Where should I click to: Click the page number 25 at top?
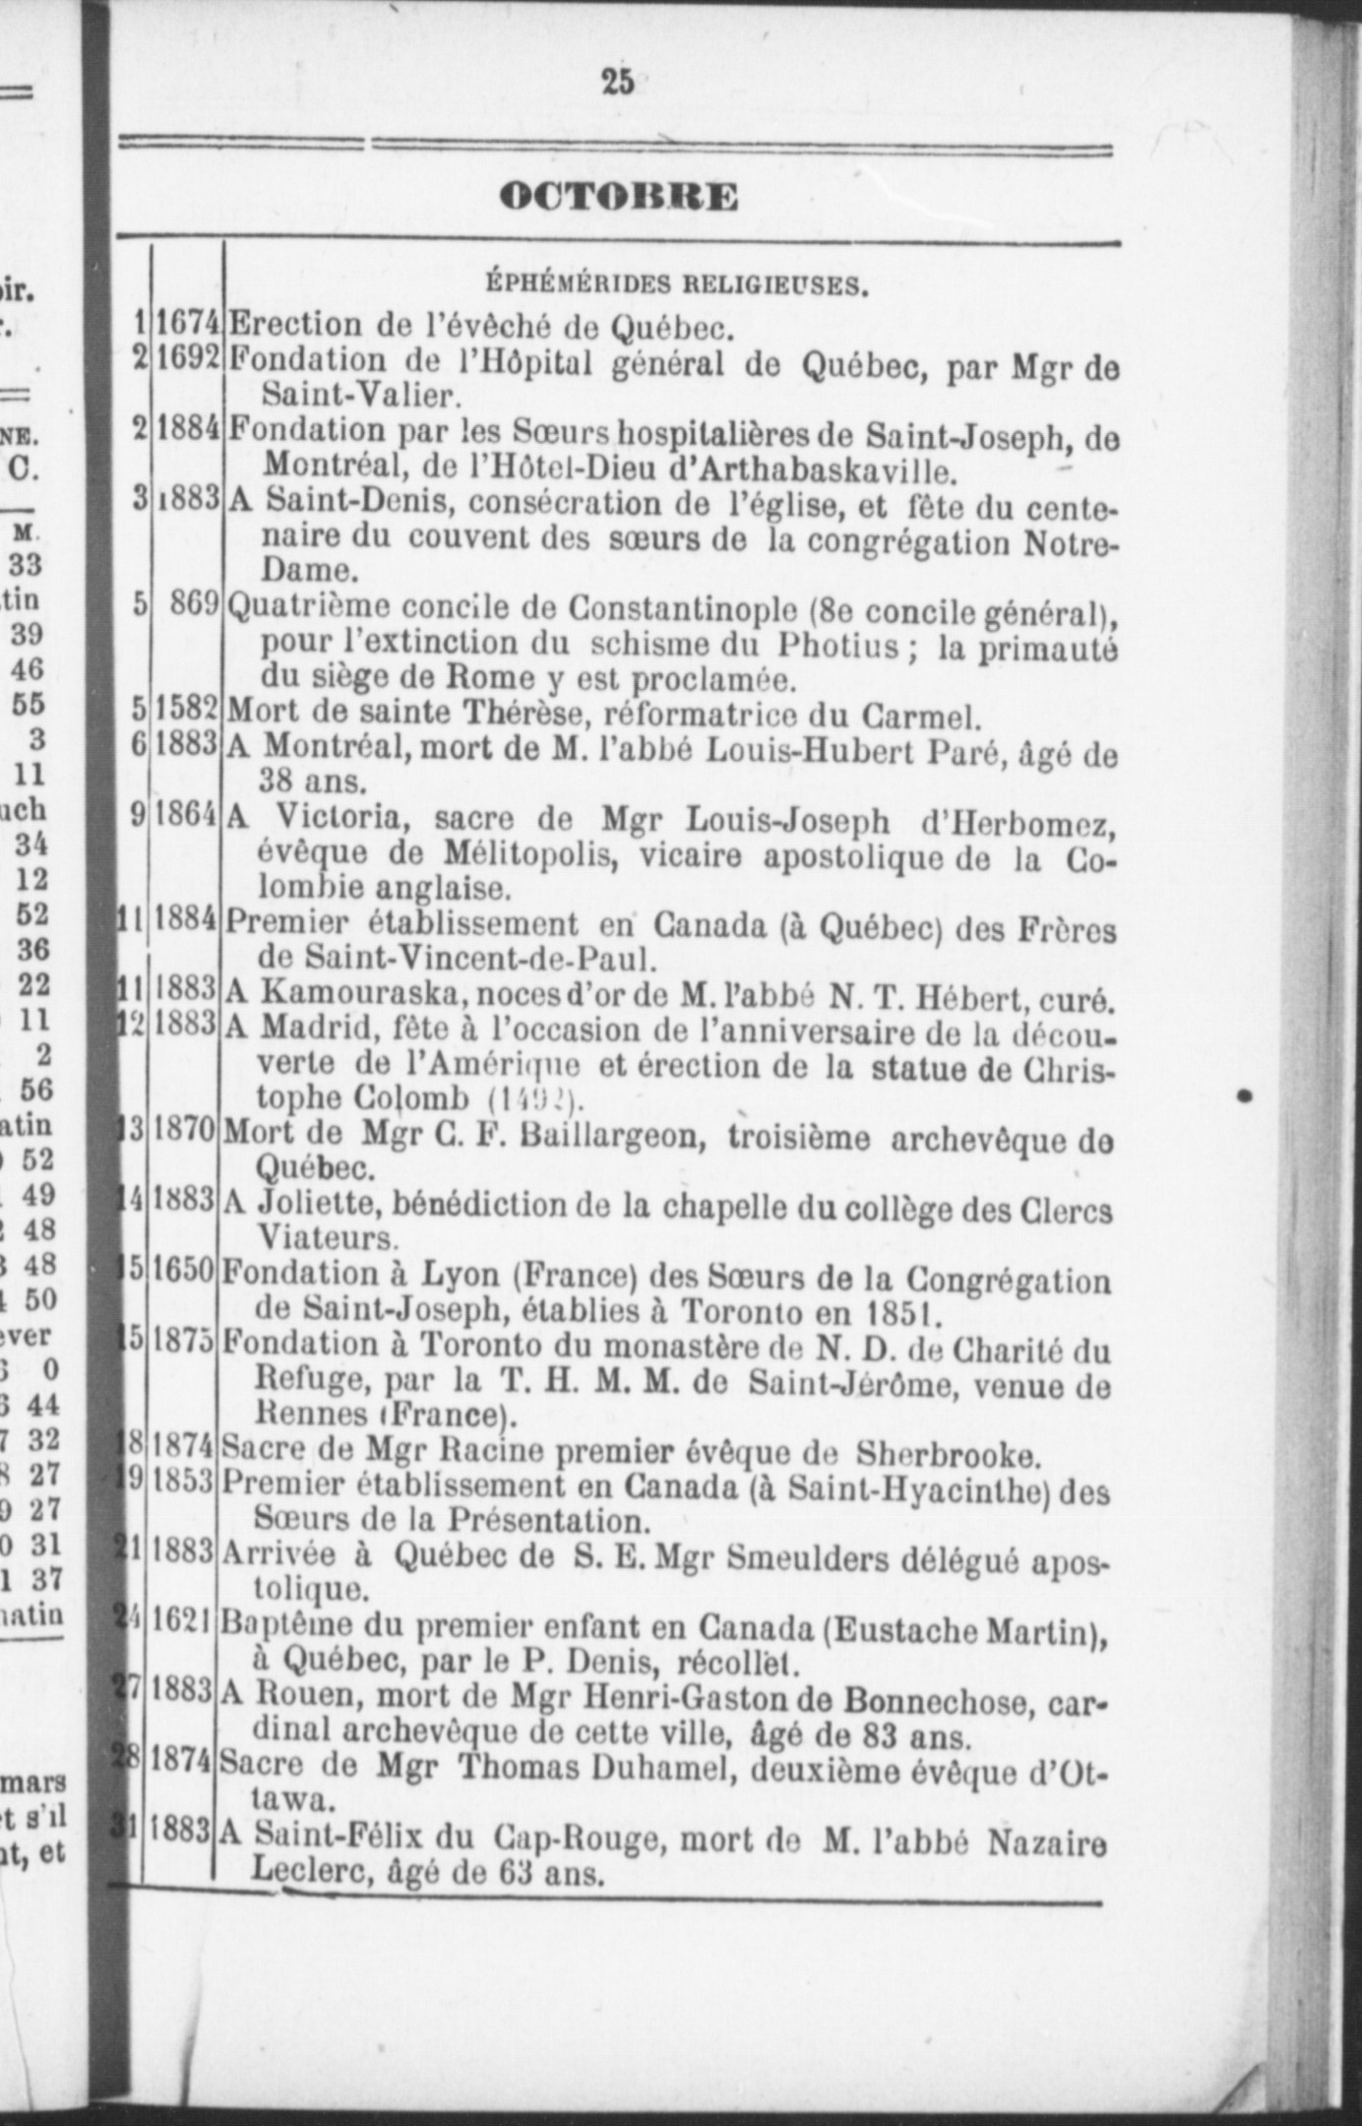[617, 83]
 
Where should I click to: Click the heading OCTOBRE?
[618, 197]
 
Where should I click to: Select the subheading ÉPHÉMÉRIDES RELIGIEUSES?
[678, 286]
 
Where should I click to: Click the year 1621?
[184, 1623]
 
